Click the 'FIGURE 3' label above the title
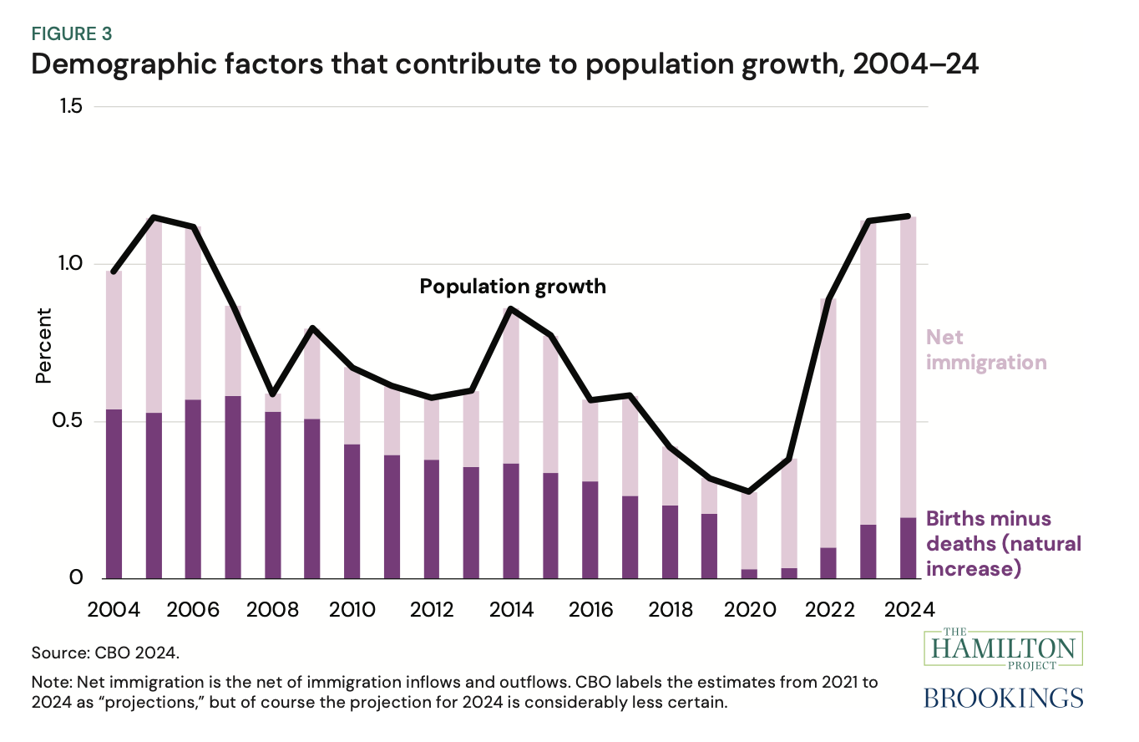72,34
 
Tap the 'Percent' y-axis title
43,346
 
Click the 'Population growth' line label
512,287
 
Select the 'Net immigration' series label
985,350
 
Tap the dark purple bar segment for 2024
908,548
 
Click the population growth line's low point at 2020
749,491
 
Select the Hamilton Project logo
1023,648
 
